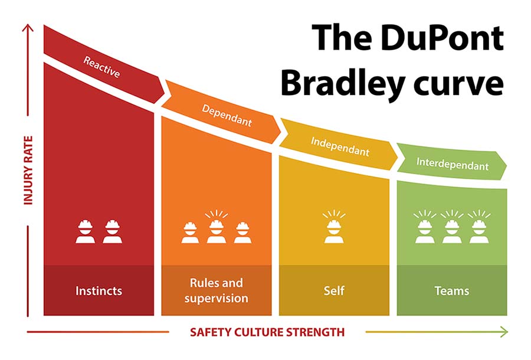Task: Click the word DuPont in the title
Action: [442, 38]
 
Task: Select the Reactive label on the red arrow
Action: [101, 67]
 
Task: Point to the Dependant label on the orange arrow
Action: [227, 116]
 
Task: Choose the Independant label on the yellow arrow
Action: [340, 146]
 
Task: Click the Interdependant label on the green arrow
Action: [453, 164]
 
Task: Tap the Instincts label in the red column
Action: [99, 291]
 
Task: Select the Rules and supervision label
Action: [217, 290]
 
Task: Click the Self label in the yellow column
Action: [334, 290]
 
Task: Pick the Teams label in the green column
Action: [452, 291]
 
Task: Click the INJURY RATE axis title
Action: [28, 171]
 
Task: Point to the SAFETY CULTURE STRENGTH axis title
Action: [267, 332]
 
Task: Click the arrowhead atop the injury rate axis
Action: [28, 27]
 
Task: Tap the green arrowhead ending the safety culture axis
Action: [504, 332]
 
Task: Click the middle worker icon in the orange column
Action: [217, 227]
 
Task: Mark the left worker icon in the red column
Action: [86, 232]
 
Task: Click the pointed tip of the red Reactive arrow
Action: [165, 91]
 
